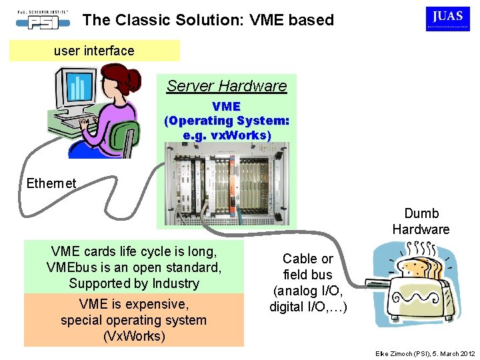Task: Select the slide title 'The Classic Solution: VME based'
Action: click(x=208, y=20)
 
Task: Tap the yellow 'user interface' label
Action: click(x=94, y=51)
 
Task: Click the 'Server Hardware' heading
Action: click(x=227, y=85)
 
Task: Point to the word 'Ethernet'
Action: click(x=51, y=183)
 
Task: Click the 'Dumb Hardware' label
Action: click(x=421, y=221)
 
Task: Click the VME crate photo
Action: click(x=227, y=187)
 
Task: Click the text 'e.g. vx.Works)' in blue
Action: click(x=227, y=135)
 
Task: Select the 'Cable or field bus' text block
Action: click(x=307, y=283)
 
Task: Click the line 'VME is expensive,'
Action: click(x=133, y=304)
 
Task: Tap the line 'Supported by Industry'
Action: click(x=133, y=283)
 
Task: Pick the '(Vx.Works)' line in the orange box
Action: click(x=133, y=336)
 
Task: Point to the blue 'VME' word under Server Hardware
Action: click(x=226, y=106)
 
